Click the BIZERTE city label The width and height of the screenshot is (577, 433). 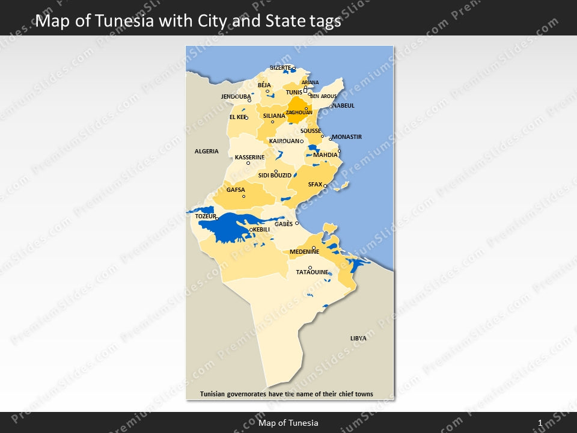tap(280, 68)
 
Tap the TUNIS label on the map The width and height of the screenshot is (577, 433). tap(294, 93)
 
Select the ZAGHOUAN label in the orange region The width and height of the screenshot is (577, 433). tap(299, 112)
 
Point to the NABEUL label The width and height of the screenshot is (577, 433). tap(344, 106)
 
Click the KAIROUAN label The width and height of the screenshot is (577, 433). tap(284, 141)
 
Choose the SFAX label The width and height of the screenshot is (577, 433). tap(315, 185)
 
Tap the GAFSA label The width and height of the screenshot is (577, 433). tap(236, 190)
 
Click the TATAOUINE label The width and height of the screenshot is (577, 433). tap(312, 272)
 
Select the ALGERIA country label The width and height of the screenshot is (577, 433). tap(206, 152)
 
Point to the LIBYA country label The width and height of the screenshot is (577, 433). tap(358, 339)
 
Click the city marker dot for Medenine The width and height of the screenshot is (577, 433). tap(314, 247)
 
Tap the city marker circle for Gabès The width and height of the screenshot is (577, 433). tap(297, 223)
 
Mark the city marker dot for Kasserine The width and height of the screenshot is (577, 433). tap(248, 163)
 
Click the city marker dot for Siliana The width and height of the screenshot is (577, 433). tap(272, 122)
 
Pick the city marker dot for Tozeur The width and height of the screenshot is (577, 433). tap(217, 218)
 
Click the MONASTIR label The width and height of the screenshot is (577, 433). tap(347, 137)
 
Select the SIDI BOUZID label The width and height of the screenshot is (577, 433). tap(275, 176)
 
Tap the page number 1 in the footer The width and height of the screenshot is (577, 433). tap(540, 423)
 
